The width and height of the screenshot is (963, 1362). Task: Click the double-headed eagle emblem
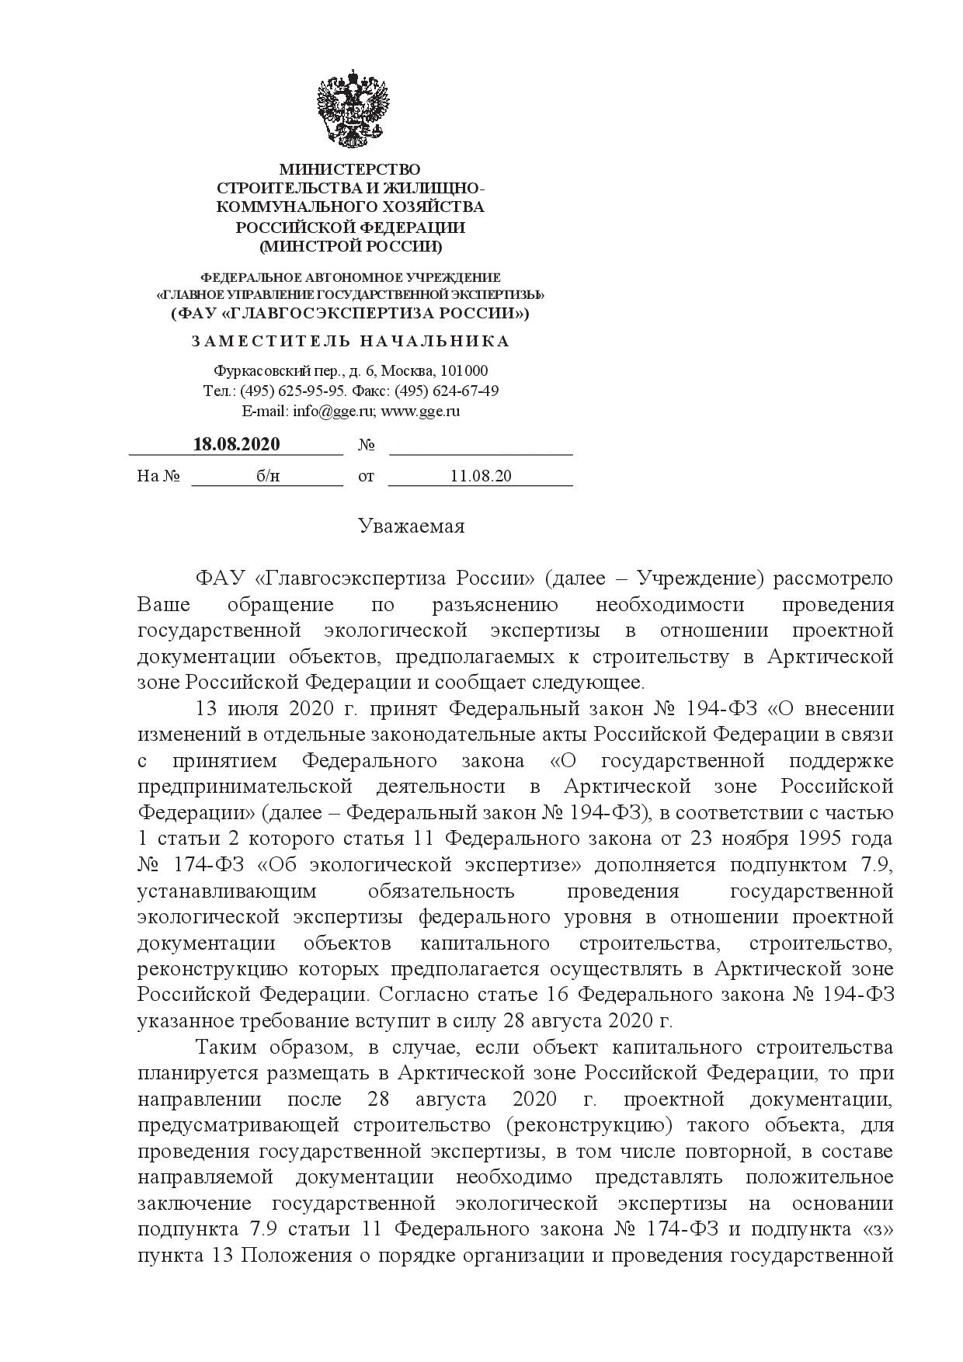point(352,109)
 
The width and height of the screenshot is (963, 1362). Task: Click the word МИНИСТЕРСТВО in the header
point(349,169)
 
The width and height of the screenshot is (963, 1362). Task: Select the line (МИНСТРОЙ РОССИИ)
point(350,247)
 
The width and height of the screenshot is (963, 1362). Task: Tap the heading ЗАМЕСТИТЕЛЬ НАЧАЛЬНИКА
point(350,342)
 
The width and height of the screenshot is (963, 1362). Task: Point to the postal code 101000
point(464,371)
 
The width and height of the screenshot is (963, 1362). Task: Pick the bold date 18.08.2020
point(236,445)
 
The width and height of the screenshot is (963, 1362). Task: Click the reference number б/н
point(268,476)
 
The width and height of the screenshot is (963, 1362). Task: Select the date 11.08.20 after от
point(481,476)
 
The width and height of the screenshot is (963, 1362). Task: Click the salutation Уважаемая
point(412,526)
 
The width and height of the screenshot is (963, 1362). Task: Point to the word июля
point(248,708)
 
